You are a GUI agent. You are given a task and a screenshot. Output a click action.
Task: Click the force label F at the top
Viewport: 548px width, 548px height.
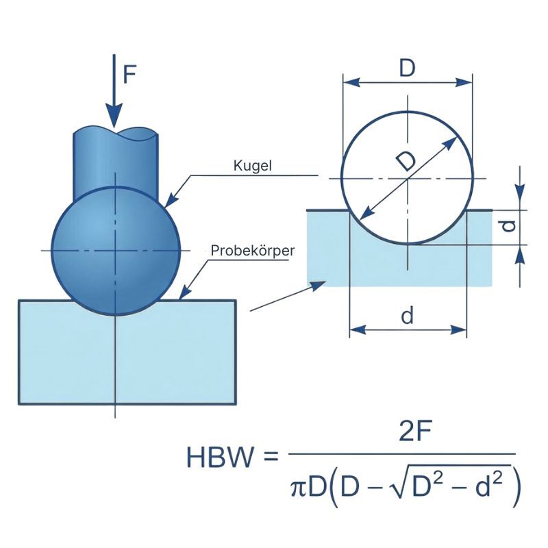pos(130,73)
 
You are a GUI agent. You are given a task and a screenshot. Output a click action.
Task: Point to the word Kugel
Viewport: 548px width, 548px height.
pos(253,166)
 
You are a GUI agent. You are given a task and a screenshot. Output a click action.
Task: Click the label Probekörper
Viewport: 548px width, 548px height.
pos(252,251)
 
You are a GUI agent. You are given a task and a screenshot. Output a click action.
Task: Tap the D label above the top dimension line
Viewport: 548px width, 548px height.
pos(408,68)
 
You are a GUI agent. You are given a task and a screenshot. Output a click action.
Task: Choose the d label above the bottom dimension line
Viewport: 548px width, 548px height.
pos(408,316)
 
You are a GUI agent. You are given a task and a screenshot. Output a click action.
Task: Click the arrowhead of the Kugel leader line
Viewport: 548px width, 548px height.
pos(171,202)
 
